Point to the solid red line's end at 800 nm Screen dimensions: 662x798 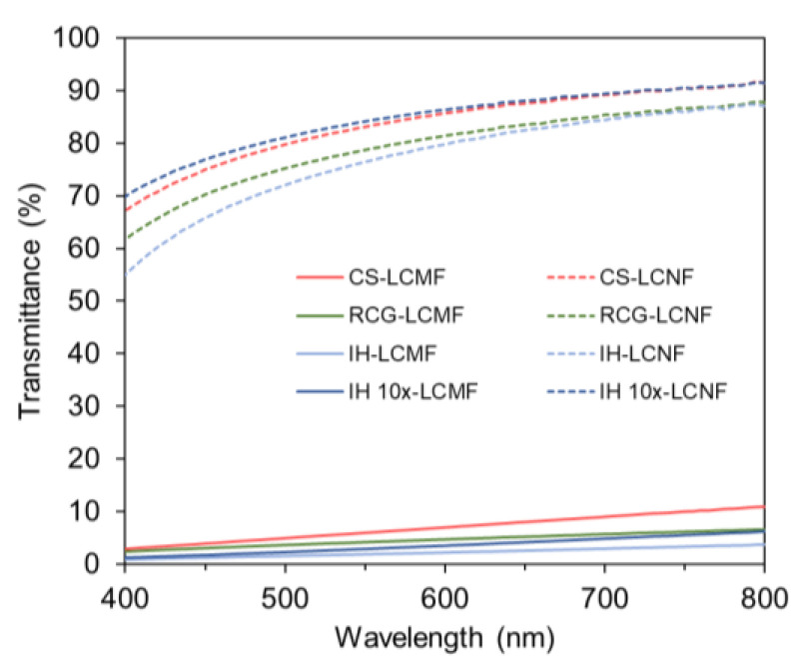pyautogui.click(x=763, y=507)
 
